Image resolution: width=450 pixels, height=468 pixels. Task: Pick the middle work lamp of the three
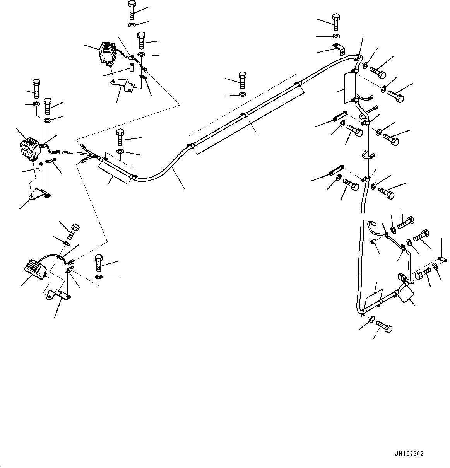29,149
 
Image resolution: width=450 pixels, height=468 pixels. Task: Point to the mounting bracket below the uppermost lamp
123,84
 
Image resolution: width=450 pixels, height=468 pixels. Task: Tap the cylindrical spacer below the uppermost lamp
131,68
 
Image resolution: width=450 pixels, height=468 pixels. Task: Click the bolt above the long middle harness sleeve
242,80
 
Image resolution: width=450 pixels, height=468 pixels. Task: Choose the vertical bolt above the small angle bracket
336,22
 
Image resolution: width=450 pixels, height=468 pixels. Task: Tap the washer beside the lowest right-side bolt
371,319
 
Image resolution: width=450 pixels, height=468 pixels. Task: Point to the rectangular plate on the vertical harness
349,89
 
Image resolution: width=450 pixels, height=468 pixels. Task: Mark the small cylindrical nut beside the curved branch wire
374,242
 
